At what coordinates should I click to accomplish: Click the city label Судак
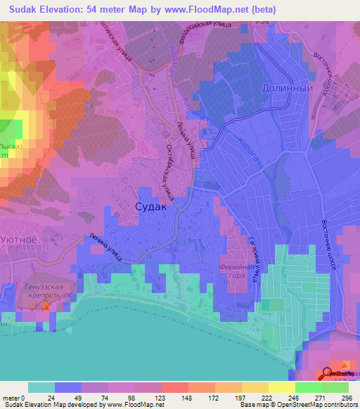[x=150, y=207]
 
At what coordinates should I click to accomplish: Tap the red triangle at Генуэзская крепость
[x=46, y=307]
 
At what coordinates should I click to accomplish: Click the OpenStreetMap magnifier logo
[x=328, y=374]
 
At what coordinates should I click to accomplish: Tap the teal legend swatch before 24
[x=41, y=387]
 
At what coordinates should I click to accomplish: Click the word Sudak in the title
[x=25, y=10]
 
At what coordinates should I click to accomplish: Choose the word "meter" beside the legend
[x=11, y=397]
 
